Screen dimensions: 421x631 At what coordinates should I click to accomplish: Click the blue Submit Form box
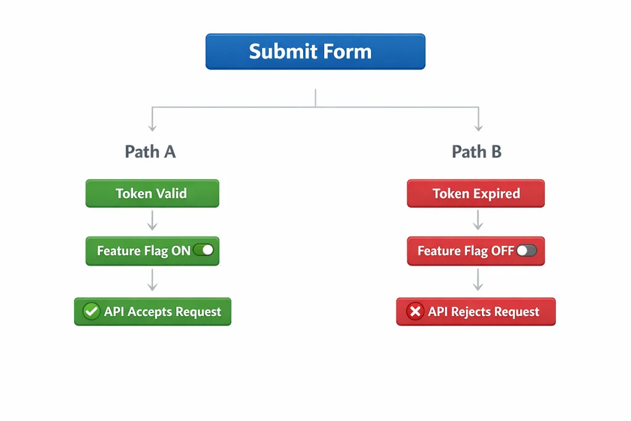(x=315, y=51)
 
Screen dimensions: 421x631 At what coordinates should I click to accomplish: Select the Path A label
(x=150, y=152)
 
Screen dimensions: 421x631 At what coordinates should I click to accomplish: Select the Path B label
(x=476, y=152)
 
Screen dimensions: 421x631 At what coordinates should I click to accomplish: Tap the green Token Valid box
(x=152, y=194)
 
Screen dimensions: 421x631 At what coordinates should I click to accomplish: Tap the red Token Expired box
(x=476, y=194)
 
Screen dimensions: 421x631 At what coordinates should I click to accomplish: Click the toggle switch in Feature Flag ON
(x=203, y=250)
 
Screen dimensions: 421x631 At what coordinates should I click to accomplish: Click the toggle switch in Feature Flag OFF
(x=527, y=250)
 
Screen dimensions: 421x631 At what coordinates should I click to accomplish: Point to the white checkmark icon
(x=91, y=312)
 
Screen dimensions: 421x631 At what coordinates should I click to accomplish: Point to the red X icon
(x=415, y=312)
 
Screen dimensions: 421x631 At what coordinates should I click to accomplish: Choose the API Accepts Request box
(x=152, y=312)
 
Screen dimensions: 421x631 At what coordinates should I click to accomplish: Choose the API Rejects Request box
(x=476, y=312)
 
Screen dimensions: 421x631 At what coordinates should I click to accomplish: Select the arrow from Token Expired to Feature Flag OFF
(x=477, y=220)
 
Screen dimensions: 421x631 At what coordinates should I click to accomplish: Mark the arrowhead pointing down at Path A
(x=152, y=128)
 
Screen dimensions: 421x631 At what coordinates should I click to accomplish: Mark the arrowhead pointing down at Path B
(x=478, y=128)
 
